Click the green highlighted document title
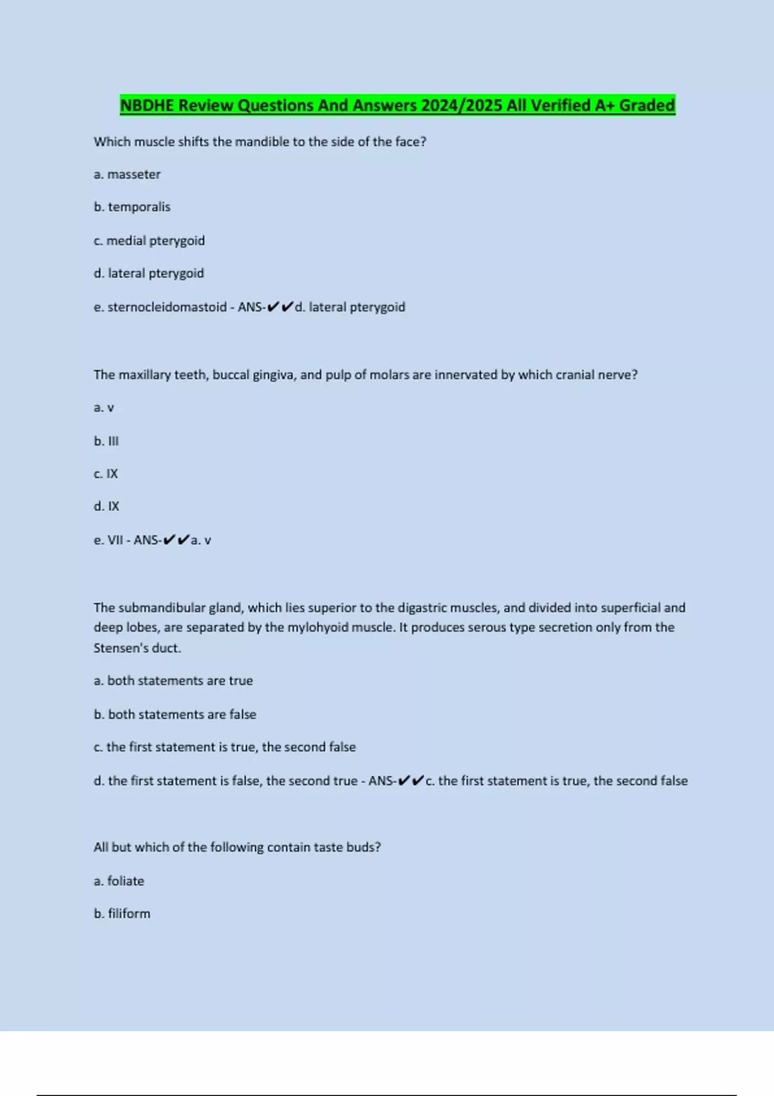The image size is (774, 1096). click(397, 105)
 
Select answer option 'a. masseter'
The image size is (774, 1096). click(127, 174)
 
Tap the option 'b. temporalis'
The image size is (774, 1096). click(132, 207)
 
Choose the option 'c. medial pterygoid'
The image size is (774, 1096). click(149, 240)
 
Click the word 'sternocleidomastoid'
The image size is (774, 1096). click(167, 307)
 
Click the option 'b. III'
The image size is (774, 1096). click(106, 441)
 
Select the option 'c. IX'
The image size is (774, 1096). click(106, 474)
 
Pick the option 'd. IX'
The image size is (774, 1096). click(106, 507)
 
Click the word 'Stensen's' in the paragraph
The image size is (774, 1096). click(115, 648)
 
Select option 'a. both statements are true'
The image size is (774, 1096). click(173, 681)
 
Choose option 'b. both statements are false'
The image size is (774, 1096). click(175, 714)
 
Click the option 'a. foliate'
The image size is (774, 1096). click(119, 881)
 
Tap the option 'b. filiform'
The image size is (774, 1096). click(122, 914)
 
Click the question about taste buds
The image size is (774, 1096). click(237, 847)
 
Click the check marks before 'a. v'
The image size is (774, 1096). click(176, 540)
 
